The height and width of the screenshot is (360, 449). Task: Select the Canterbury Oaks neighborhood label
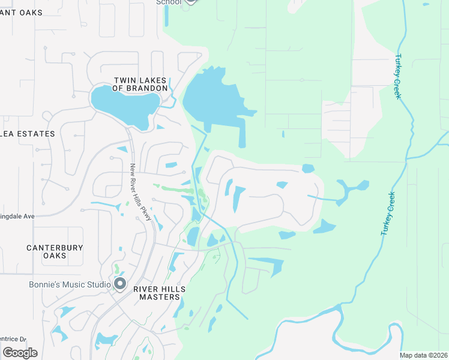[55, 251]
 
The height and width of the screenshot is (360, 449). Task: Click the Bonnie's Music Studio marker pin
[120, 283]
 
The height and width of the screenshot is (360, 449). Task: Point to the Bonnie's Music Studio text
[70, 284]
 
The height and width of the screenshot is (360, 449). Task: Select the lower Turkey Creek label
[388, 213]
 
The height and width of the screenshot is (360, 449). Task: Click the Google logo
[20, 352]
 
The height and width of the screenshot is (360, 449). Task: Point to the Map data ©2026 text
[423, 355]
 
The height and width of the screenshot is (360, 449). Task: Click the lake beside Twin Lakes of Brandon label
[126, 107]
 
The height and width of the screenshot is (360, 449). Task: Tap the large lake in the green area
[213, 99]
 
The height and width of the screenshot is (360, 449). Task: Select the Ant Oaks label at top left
[22, 13]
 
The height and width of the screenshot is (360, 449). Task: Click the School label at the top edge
[168, 2]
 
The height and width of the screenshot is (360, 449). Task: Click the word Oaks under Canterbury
[55, 256]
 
